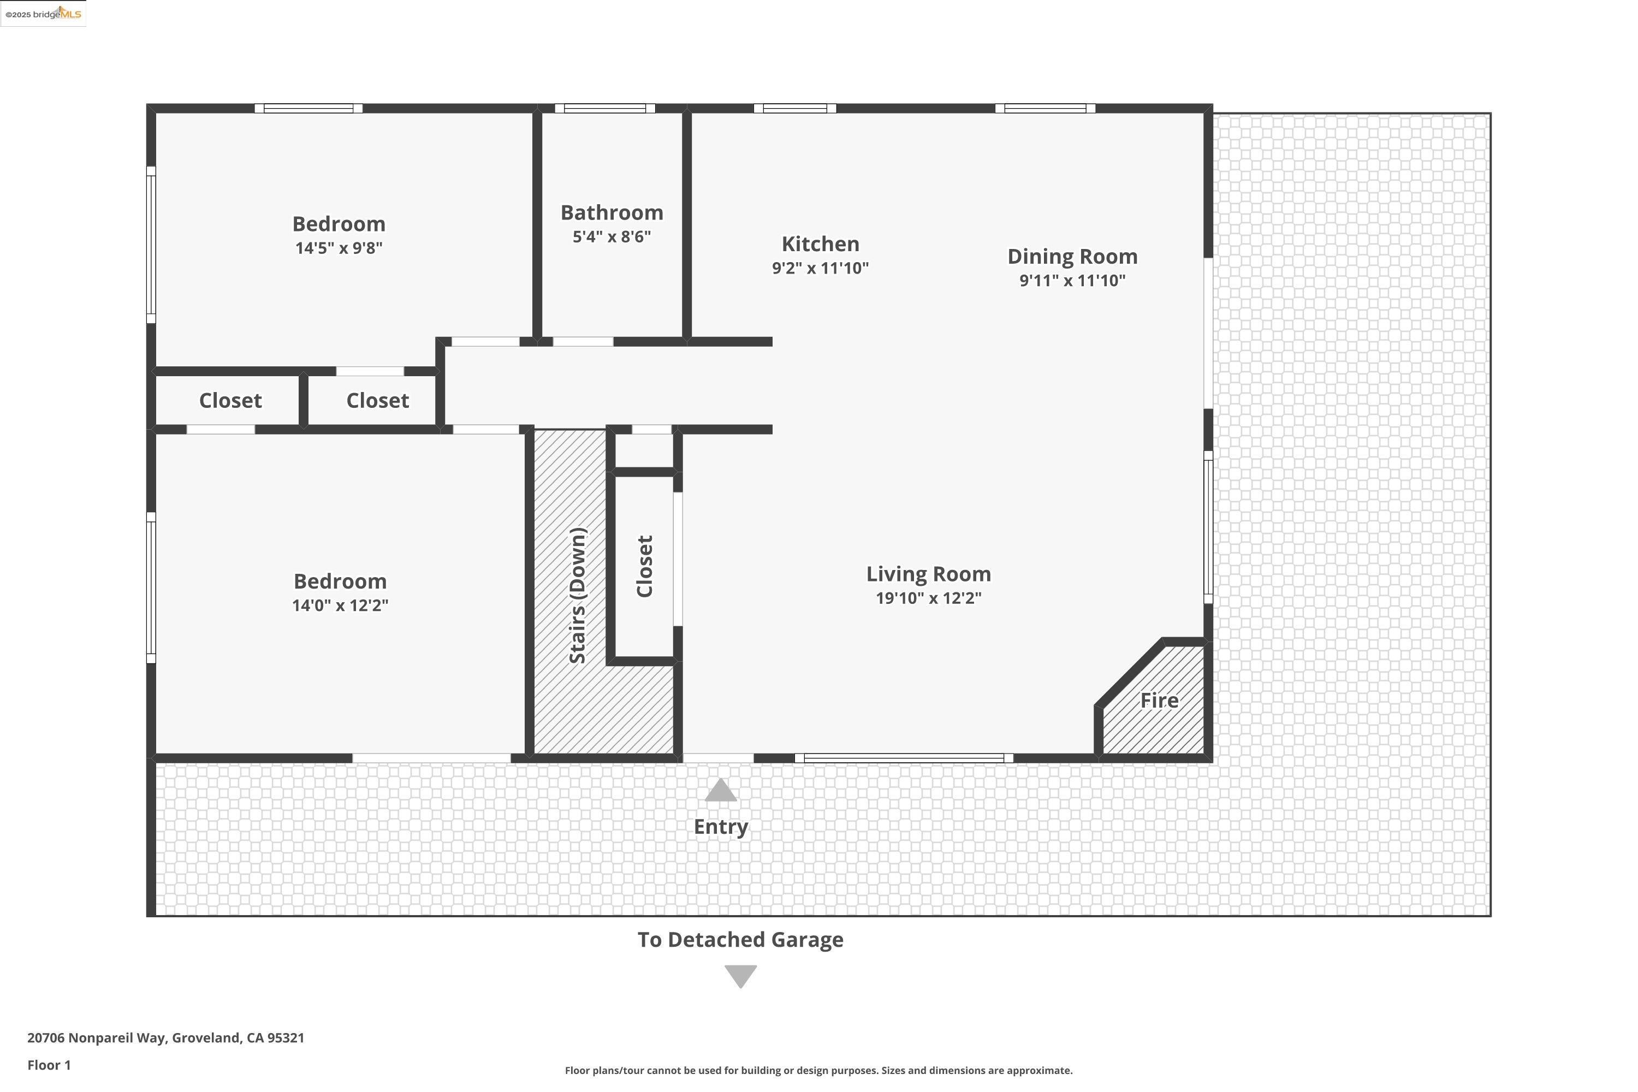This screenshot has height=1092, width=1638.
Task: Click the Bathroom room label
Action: click(612, 212)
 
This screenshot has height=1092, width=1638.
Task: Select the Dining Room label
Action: click(1072, 256)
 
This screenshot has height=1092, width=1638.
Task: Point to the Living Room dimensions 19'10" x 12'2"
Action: click(928, 597)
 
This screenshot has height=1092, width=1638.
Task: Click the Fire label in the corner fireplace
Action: click(1159, 700)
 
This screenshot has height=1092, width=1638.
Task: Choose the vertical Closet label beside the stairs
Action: click(645, 566)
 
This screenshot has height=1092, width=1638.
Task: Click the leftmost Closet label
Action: click(230, 400)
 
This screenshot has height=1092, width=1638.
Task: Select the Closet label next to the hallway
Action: click(377, 400)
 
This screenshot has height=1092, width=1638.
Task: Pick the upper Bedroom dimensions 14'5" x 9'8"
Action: click(339, 248)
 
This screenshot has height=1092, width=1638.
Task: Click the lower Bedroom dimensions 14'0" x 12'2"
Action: click(340, 605)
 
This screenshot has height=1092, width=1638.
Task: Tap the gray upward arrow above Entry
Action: click(720, 791)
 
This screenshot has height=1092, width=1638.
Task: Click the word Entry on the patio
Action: click(720, 827)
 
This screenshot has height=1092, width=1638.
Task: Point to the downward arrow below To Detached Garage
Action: click(740, 976)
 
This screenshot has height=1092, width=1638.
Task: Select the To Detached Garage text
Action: click(740, 940)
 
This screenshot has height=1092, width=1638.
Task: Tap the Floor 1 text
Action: click(49, 1065)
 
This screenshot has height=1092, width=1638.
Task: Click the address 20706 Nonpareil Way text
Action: click(166, 1038)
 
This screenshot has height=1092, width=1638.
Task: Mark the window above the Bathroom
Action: click(604, 108)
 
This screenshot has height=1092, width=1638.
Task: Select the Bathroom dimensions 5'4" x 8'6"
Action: click(612, 237)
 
